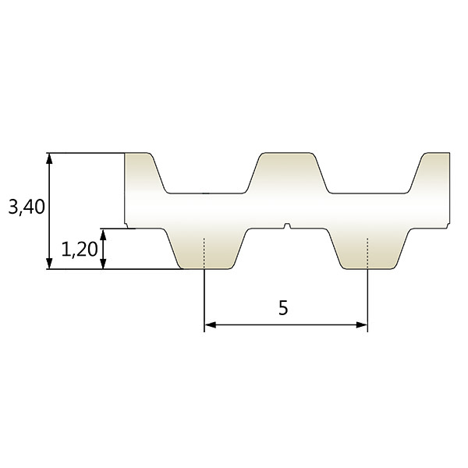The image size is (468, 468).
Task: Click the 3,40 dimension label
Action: point(27,207)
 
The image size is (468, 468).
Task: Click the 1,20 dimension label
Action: point(80,250)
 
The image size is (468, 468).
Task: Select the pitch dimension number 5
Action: point(283,308)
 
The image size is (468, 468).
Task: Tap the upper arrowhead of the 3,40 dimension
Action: point(50,158)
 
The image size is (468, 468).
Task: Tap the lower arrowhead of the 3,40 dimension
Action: point(50,264)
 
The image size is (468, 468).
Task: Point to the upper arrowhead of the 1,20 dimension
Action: point(103,234)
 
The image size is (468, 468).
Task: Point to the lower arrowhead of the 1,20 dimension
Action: point(103,264)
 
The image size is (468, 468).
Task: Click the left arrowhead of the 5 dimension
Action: point(210,325)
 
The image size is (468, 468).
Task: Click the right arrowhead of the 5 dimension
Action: point(362,325)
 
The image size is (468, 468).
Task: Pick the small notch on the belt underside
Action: point(287,226)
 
